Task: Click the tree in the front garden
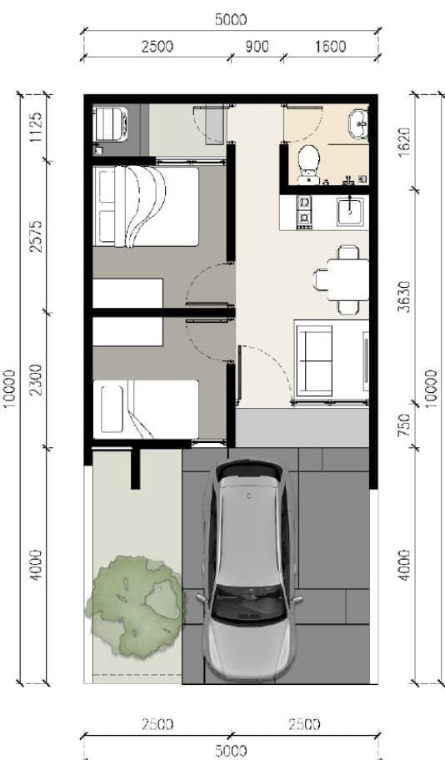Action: (x=135, y=606)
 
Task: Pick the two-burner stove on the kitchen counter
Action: (x=304, y=211)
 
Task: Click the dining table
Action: (x=347, y=279)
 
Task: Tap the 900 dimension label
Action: (x=256, y=47)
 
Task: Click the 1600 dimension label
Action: (x=330, y=47)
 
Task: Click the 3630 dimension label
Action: (x=404, y=296)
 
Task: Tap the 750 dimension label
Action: (x=404, y=425)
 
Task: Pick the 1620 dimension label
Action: (x=404, y=142)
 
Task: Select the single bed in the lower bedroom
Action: (x=146, y=410)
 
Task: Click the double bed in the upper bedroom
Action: (x=146, y=207)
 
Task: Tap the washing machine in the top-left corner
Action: (x=111, y=124)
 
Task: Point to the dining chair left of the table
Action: (x=321, y=279)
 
